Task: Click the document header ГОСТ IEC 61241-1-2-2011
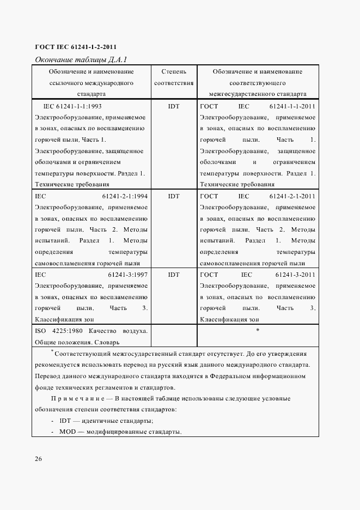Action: pyautogui.click(x=76, y=46)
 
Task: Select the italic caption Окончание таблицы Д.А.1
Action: pyautogui.click(x=81, y=59)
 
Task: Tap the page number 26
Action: pyautogui.click(x=39, y=459)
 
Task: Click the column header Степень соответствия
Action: pyautogui.click(x=174, y=77)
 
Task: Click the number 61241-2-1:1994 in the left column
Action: pyautogui.click(x=125, y=196)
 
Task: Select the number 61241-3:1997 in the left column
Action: pyautogui.click(x=128, y=275)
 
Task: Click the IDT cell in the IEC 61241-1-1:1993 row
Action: pyautogui.click(x=174, y=106)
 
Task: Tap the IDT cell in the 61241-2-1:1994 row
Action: pyautogui.click(x=174, y=196)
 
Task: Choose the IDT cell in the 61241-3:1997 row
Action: pyautogui.click(x=174, y=275)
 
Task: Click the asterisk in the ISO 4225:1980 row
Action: pyautogui.click(x=257, y=330)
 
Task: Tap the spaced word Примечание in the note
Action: pyautogui.click(x=80, y=399)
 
